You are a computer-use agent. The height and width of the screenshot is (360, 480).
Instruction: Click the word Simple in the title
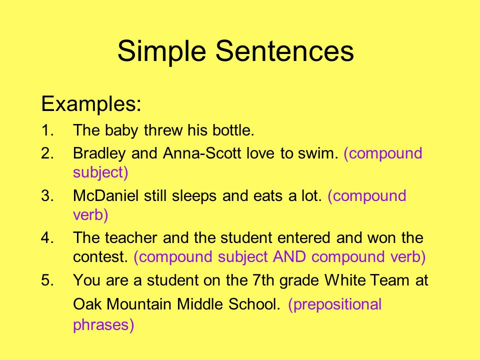point(161,51)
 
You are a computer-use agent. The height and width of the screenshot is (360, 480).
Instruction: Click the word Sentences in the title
point(284,50)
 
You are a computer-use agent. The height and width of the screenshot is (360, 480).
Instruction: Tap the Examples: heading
point(91,104)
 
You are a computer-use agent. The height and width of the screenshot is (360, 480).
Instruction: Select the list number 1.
point(47,130)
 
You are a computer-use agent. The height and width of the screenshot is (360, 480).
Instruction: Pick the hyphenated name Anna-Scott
point(202,153)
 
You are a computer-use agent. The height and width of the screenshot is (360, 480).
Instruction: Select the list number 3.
point(47,196)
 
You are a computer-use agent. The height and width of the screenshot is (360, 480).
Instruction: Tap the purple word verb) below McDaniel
point(90,215)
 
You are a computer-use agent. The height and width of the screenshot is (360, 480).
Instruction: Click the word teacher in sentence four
point(131,238)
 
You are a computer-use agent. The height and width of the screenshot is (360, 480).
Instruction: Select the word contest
point(100,257)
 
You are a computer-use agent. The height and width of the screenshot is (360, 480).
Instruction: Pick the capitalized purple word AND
point(289,256)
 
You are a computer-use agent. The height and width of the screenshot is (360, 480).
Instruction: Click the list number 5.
point(47,280)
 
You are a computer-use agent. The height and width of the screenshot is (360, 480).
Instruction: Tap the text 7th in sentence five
point(263,280)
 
